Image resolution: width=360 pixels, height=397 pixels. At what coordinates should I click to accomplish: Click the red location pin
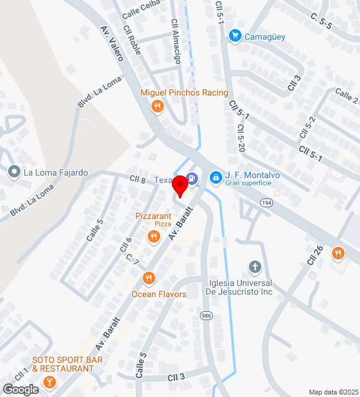coord(180,185)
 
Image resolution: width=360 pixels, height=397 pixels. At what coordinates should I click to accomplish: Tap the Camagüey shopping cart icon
coord(235,36)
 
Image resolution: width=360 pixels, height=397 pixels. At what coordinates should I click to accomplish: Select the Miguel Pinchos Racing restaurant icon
coord(157,107)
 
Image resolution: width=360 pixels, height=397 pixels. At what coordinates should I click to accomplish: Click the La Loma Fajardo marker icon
coord(14,172)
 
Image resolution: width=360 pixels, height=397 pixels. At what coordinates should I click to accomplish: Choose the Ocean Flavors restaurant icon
coord(148,278)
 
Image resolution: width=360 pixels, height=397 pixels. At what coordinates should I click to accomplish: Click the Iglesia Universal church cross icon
coord(254,267)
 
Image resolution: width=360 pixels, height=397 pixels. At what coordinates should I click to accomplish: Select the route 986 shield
coord(206,316)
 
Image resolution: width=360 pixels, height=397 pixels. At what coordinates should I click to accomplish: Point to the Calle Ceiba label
coord(140,10)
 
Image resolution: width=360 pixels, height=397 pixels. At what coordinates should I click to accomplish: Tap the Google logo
coord(20,390)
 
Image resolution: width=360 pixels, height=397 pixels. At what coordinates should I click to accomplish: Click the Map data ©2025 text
coord(333,392)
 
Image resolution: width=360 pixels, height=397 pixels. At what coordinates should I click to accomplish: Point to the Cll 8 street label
coord(137,180)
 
